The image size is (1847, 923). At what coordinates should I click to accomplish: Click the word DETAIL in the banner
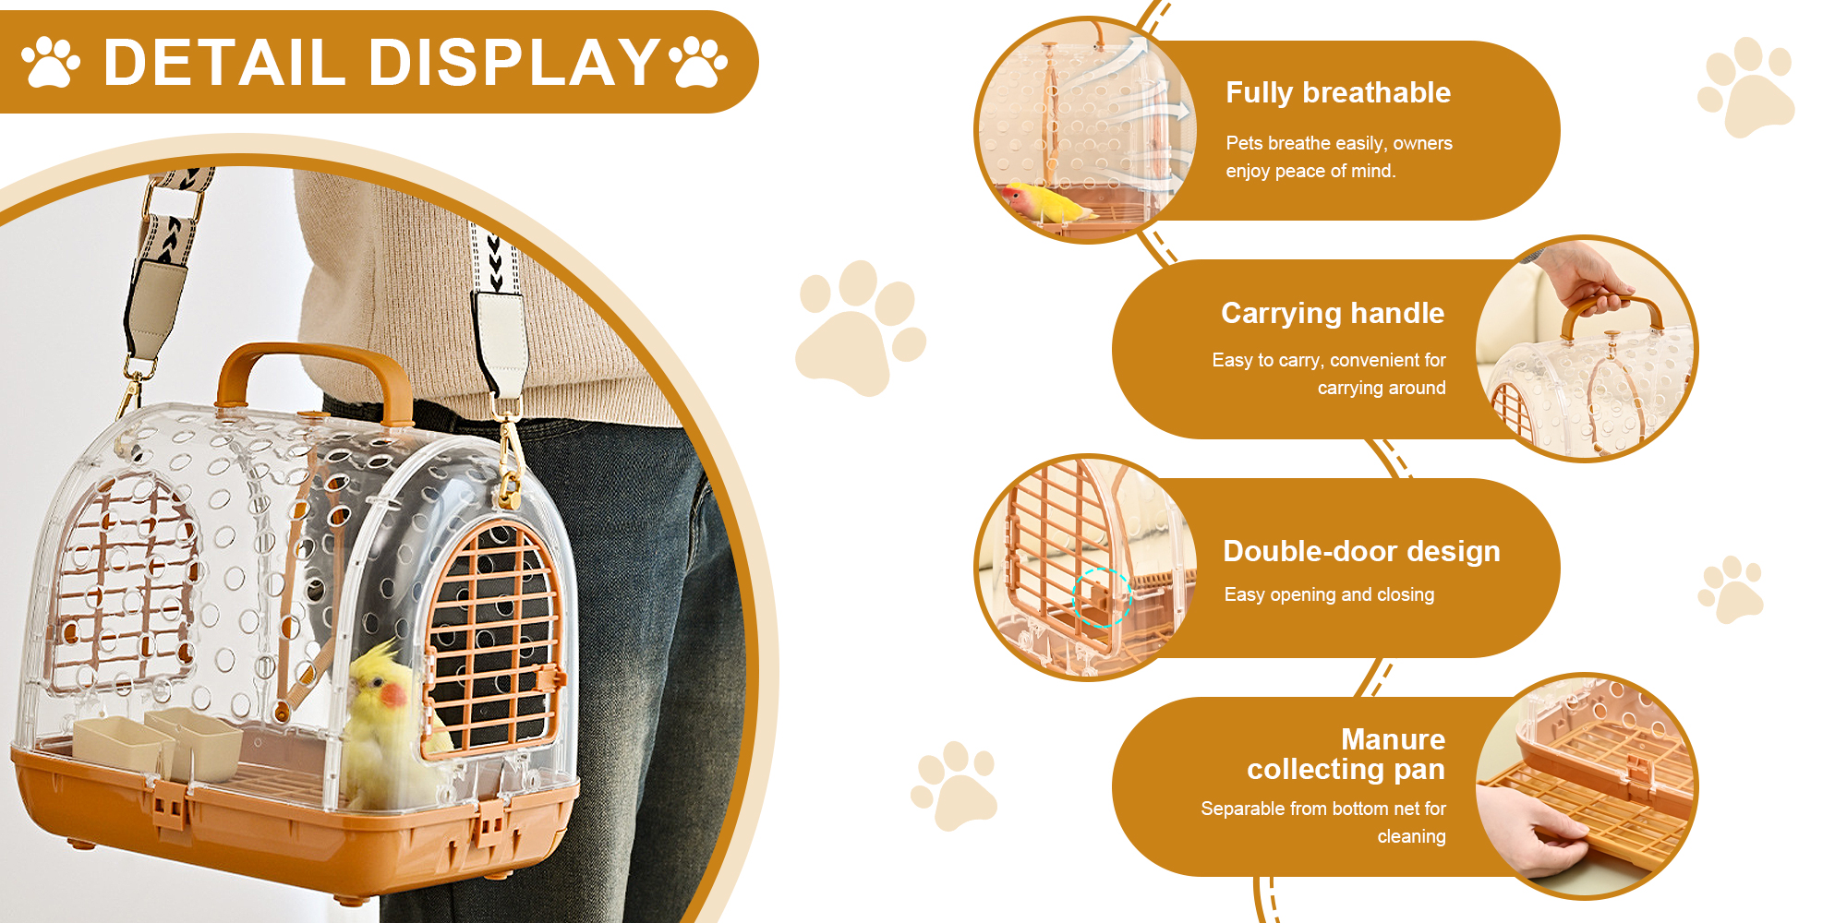tap(224, 63)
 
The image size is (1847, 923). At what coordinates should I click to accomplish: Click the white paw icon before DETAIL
tap(51, 62)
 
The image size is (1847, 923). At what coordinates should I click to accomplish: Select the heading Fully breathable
tap(1338, 93)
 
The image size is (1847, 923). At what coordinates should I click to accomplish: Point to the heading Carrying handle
tap(1333, 314)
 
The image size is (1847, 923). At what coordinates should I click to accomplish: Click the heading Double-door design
tap(1361, 551)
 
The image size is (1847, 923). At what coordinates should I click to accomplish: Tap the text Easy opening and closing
tap(1329, 595)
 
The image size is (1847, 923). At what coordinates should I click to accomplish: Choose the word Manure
tap(1393, 739)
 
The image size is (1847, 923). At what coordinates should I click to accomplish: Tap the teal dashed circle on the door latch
tap(1102, 597)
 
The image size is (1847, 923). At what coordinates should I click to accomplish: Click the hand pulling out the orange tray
tap(1538, 830)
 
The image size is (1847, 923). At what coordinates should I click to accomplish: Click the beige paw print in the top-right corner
tap(1745, 87)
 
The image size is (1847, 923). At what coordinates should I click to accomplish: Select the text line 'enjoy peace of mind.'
tap(1310, 172)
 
